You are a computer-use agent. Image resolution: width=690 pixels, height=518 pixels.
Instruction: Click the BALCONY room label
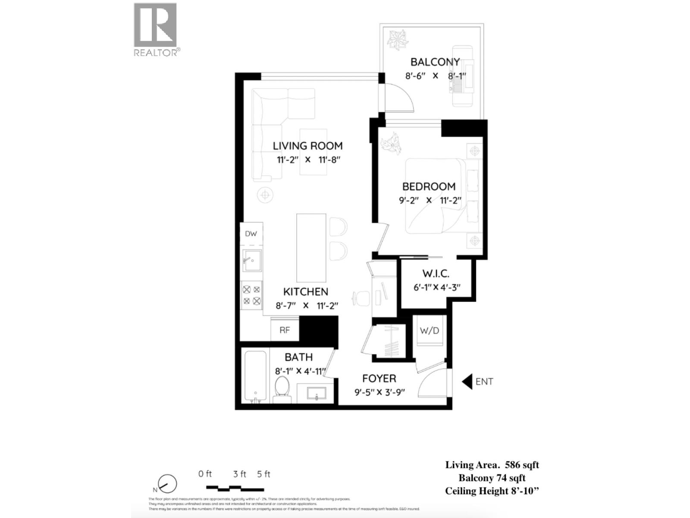435,62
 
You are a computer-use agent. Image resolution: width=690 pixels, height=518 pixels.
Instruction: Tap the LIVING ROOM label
307,146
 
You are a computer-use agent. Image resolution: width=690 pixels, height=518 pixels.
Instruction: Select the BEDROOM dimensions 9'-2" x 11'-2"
430,200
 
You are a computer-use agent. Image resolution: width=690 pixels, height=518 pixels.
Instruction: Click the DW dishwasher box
251,234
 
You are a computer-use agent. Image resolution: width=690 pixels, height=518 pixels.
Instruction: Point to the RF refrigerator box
285,330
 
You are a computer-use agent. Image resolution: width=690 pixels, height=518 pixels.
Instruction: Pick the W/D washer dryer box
430,331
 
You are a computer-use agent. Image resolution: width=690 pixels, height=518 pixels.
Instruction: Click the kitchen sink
252,260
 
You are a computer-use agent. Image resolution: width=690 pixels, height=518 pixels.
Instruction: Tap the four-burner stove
251,295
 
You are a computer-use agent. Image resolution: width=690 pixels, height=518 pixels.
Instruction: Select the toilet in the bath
282,387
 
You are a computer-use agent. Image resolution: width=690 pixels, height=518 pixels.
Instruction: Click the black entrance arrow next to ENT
467,382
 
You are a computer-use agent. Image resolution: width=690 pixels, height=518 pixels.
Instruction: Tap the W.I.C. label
436,274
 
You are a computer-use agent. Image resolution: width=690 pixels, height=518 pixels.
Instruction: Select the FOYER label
379,379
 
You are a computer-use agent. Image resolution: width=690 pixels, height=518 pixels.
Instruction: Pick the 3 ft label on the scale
239,474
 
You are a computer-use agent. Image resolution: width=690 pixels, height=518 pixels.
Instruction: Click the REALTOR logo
156,29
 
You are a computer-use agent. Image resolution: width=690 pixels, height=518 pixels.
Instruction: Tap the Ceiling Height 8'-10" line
492,491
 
